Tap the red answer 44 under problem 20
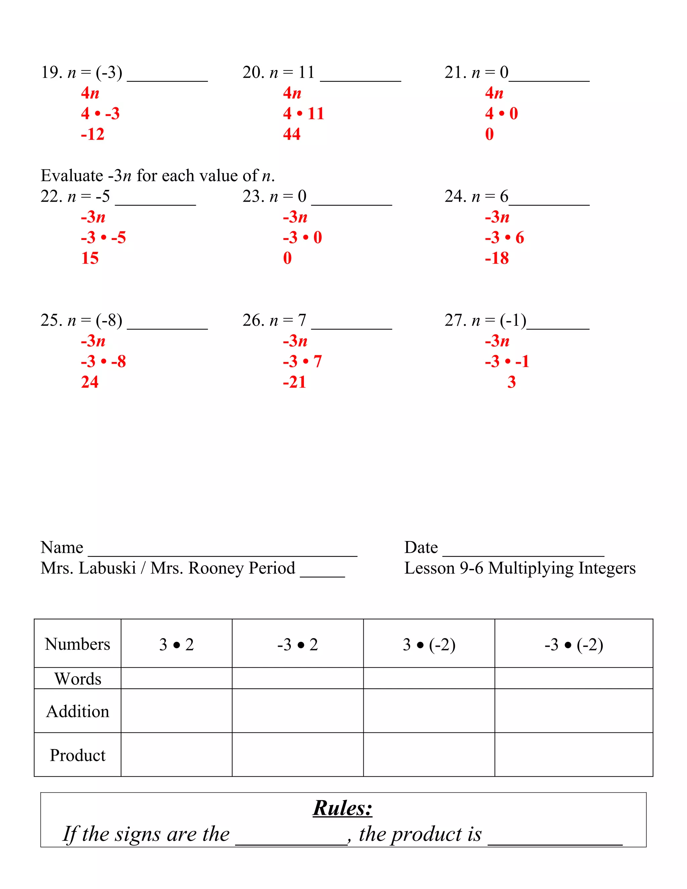(x=292, y=134)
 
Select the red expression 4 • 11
(x=303, y=114)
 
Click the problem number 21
(x=455, y=72)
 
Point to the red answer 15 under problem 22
(x=90, y=258)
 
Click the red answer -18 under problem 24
(x=496, y=258)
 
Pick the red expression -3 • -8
(x=103, y=361)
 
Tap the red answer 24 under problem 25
(x=90, y=382)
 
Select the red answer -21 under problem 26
(x=294, y=382)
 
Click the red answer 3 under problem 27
(x=511, y=382)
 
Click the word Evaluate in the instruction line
(x=72, y=176)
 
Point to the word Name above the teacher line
(x=62, y=547)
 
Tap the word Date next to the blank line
(x=421, y=547)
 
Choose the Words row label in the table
(x=77, y=679)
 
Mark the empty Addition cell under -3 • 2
(x=298, y=711)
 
